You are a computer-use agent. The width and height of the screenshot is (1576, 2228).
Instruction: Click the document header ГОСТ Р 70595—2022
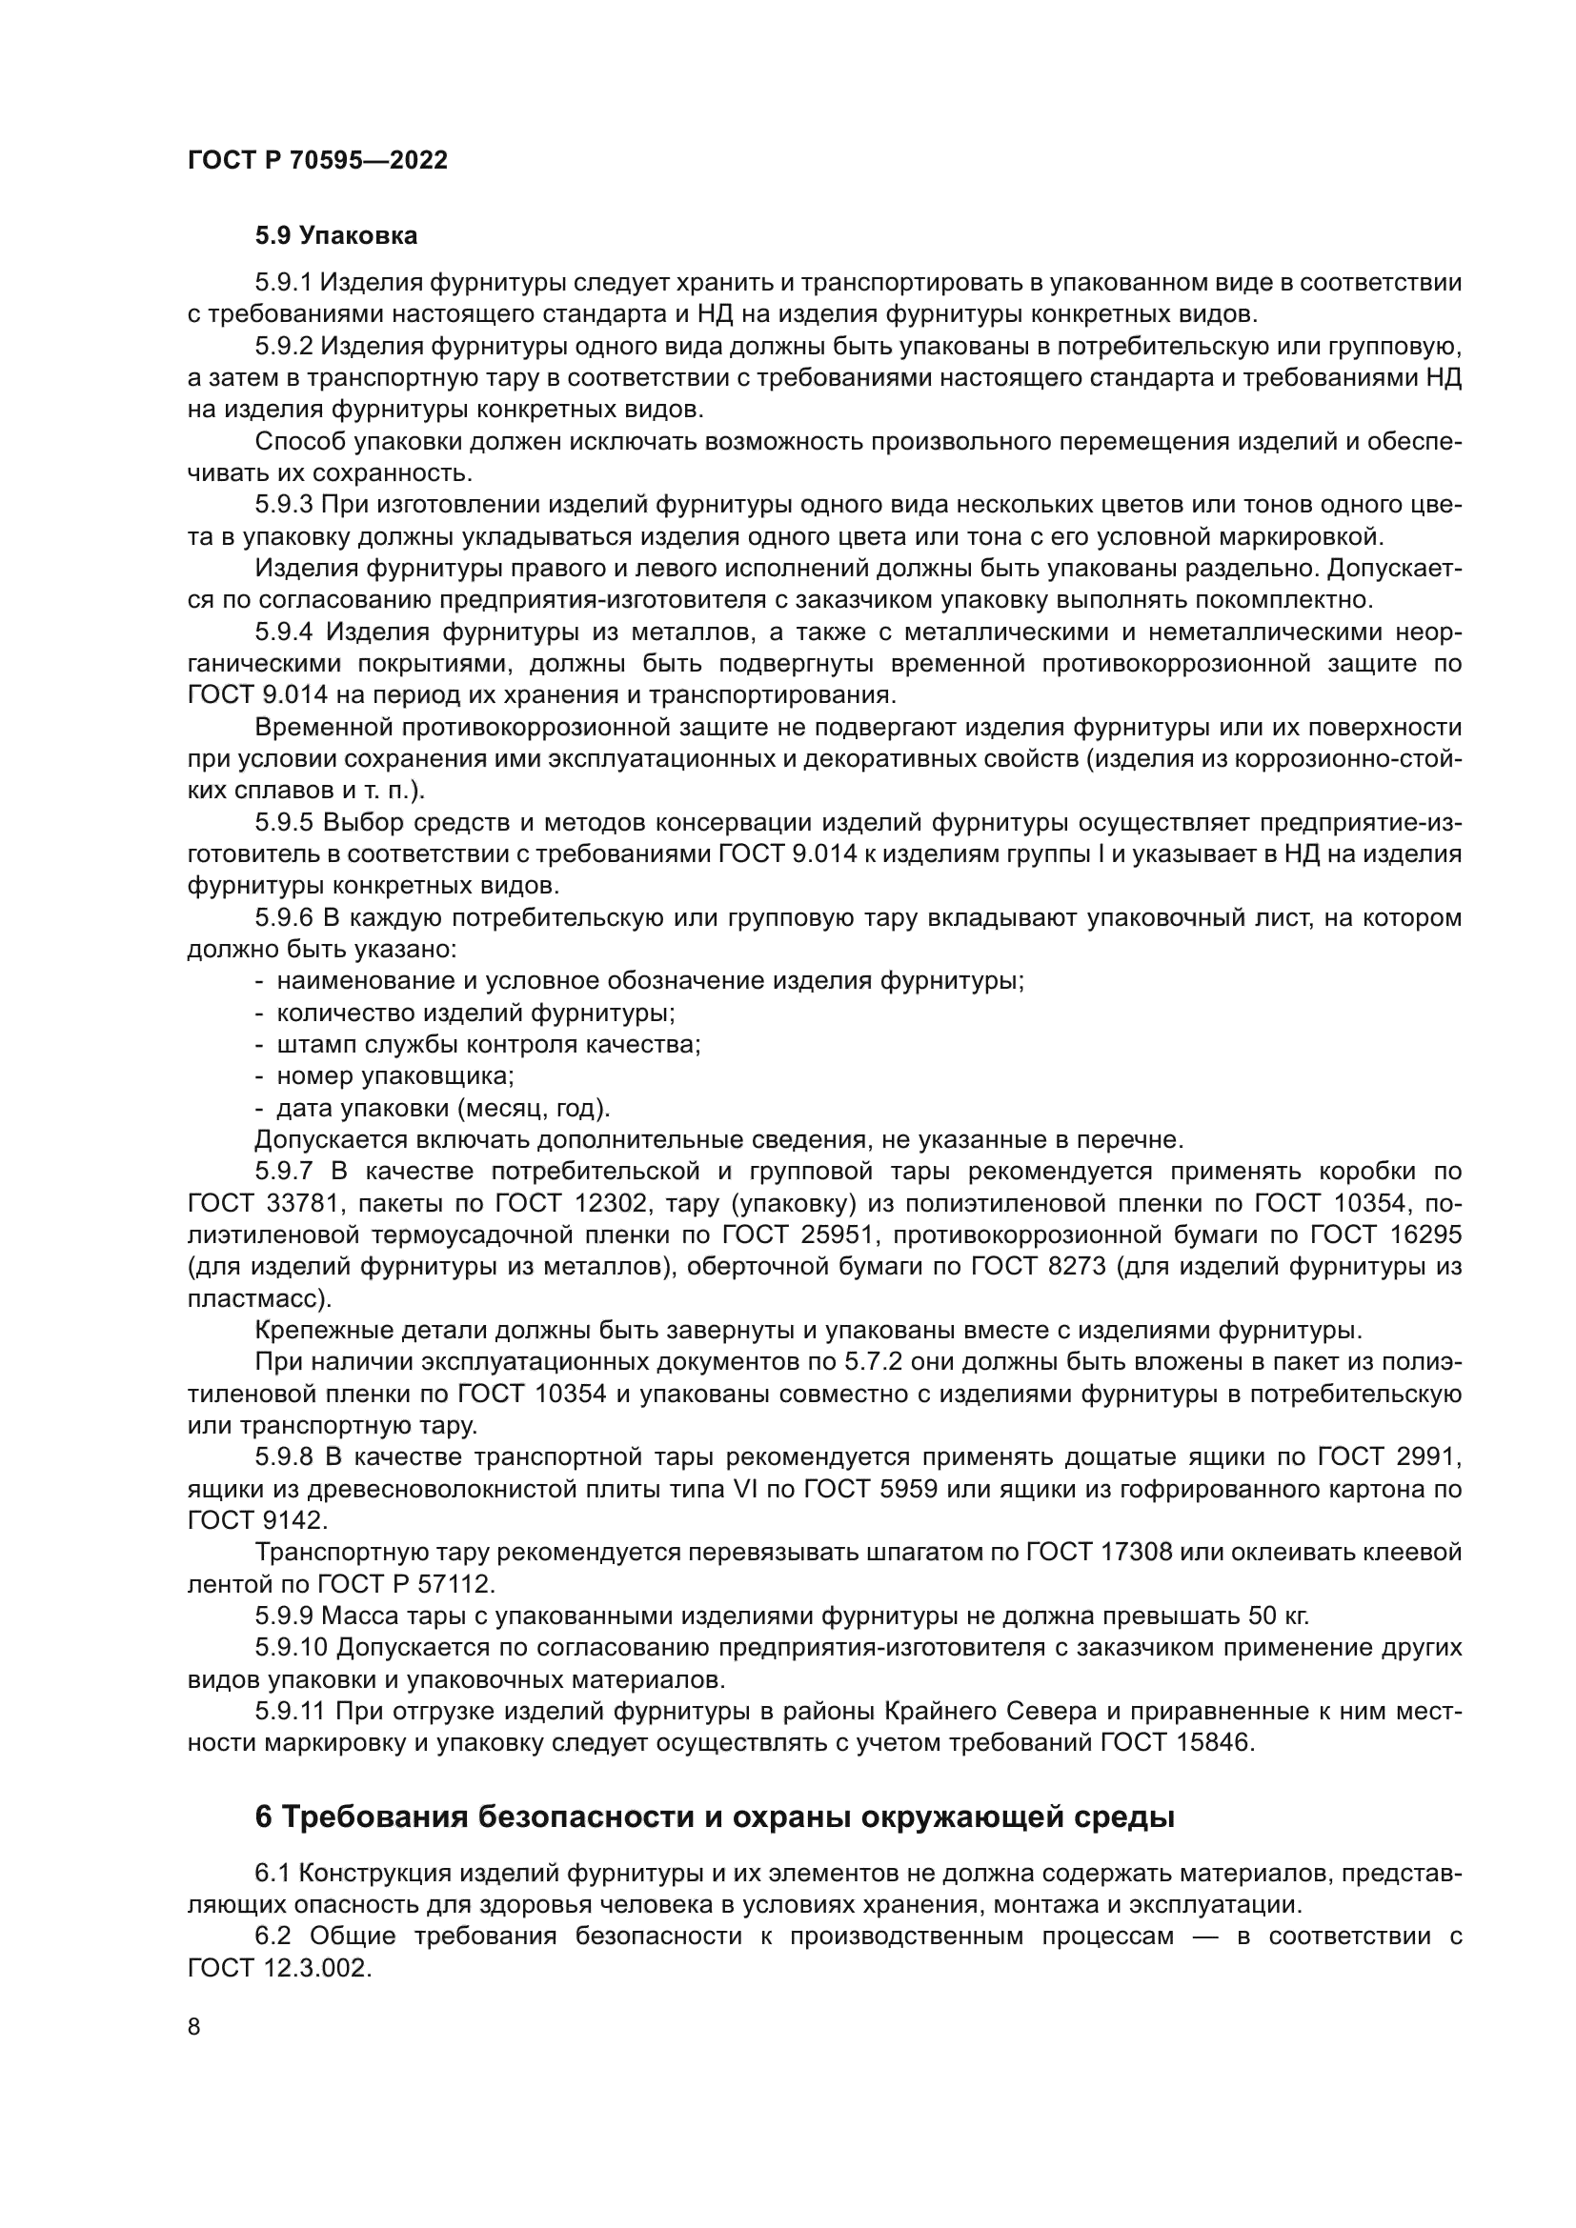[317, 160]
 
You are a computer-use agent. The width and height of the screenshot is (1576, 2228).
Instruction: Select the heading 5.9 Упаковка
[335, 236]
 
